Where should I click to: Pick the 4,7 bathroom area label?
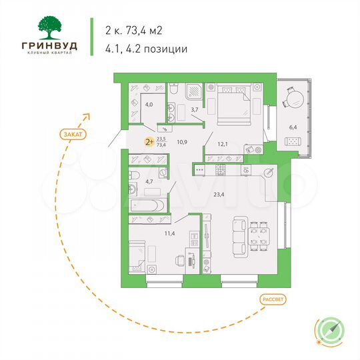tap(150, 181)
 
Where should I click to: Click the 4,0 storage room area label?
tap(150, 105)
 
